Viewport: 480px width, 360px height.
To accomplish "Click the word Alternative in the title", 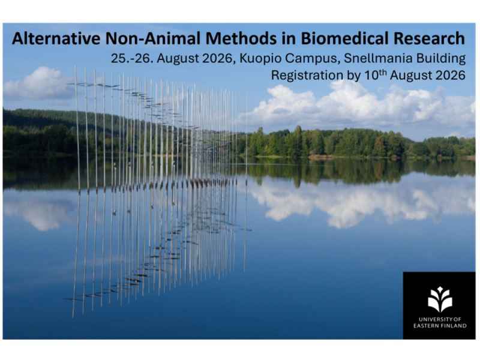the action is coord(56,38).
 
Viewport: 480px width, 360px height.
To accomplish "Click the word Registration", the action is coord(307,76).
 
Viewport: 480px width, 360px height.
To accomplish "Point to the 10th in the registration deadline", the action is coord(376,74).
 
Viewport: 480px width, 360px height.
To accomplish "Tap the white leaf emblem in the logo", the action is coord(440,299).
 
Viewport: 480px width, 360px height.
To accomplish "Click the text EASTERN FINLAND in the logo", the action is coord(440,326).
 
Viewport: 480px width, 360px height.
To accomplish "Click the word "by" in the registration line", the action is coord(353,76).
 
